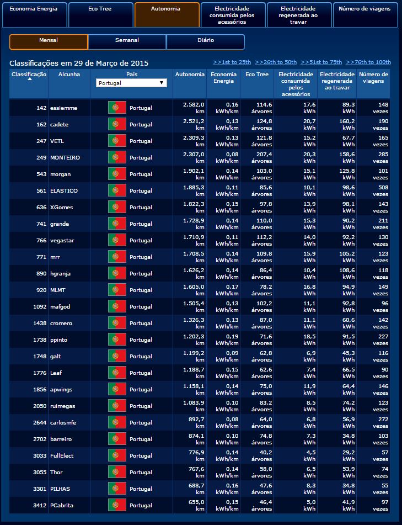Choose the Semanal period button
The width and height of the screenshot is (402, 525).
click(x=127, y=41)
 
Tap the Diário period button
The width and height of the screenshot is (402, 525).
click(x=205, y=41)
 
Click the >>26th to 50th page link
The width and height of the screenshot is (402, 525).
click(x=276, y=62)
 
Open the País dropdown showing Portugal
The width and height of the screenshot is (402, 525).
click(x=131, y=83)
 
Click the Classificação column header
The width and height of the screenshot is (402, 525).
click(x=29, y=75)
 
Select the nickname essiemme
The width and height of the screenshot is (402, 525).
click(x=63, y=108)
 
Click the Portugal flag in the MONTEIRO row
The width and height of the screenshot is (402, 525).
click(x=117, y=158)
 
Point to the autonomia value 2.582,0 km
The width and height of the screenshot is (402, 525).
click(x=190, y=108)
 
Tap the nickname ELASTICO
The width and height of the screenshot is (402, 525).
click(x=64, y=191)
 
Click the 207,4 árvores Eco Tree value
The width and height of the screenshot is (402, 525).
click(x=258, y=157)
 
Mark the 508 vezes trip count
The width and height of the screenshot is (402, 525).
click(x=380, y=190)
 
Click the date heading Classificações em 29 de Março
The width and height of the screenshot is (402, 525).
click(x=79, y=63)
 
